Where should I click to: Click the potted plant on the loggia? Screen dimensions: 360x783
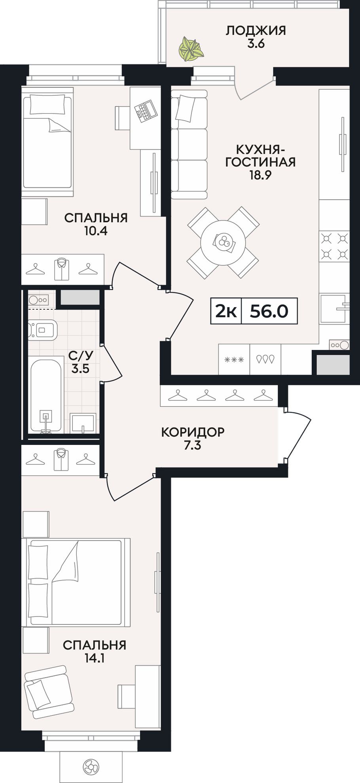tap(191, 49)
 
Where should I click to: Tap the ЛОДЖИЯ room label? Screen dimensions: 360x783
tap(256, 30)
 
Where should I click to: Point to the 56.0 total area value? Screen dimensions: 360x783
tap(269, 311)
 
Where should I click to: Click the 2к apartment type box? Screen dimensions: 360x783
tap(226, 311)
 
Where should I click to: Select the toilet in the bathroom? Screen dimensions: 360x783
tap(42, 329)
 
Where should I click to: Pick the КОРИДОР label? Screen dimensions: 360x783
tap(193, 432)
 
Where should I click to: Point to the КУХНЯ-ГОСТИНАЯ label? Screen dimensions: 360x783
tap(260, 156)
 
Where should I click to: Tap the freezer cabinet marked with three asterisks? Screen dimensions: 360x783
tap(234, 359)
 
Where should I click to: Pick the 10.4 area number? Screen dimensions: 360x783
tap(96, 231)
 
